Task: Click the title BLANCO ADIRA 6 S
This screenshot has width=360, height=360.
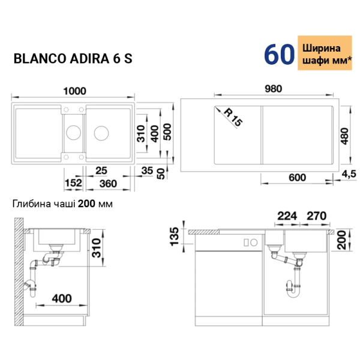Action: (73, 58)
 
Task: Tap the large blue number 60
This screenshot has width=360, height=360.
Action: (279, 54)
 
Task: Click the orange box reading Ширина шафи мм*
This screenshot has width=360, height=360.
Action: (325, 53)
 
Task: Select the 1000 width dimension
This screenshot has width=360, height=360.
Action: (74, 91)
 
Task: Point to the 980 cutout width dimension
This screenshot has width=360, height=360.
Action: (273, 89)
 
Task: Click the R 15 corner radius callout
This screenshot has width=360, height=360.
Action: (233, 118)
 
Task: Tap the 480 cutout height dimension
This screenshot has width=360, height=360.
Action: (345, 136)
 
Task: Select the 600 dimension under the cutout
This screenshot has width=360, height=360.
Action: (297, 178)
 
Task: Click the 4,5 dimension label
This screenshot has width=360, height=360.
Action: (349, 174)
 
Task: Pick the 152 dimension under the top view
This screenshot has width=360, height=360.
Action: (73, 183)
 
